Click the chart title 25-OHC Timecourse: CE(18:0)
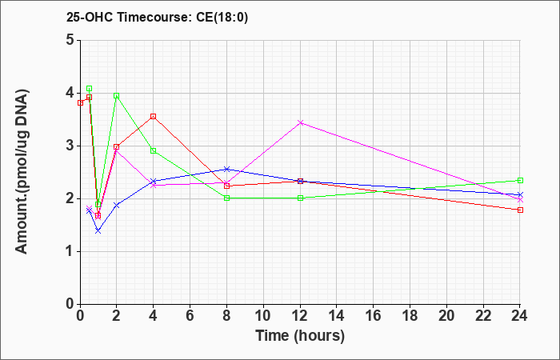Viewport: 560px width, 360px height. pyautogui.click(x=157, y=18)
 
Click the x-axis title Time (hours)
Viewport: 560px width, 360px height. pyautogui.click(x=300, y=336)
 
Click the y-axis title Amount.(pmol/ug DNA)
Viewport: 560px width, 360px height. pyautogui.click(x=22, y=172)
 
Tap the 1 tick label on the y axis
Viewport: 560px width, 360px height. pyautogui.click(x=70, y=251)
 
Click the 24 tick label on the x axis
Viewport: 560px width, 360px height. pyautogui.click(x=519, y=316)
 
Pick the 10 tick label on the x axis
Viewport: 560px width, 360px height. pyautogui.click(x=263, y=316)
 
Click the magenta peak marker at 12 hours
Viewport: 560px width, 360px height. pyautogui.click(x=300, y=123)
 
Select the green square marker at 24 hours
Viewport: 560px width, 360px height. pyautogui.click(x=520, y=180)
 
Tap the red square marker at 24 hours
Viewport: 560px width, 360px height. pyautogui.click(x=520, y=210)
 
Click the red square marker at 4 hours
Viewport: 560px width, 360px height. pyautogui.click(x=154, y=117)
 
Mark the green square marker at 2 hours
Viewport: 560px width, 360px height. pyautogui.click(x=117, y=96)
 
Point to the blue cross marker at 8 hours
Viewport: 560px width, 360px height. pyautogui.click(x=226, y=169)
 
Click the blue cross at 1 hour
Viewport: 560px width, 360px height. pyautogui.click(x=98, y=231)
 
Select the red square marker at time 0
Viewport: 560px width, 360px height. pyautogui.click(x=80, y=103)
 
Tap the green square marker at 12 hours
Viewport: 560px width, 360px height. pyautogui.click(x=300, y=198)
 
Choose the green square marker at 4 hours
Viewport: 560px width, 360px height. pyautogui.click(x=154, y=150)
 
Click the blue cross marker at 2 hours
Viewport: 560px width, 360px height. pyautogui.click(x=117, y=205)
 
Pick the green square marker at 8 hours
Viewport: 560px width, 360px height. pyautogui.click(x=226, y=198)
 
